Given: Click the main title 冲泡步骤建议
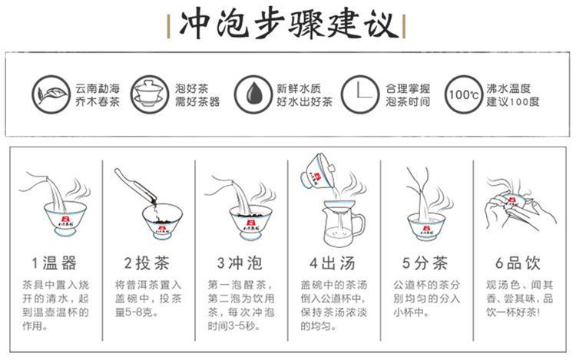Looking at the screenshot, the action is point(288,25).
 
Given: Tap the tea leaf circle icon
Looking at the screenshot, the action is point(51,94).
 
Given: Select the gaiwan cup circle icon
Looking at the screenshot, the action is point(150,94).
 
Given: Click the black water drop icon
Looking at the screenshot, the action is point(253,94).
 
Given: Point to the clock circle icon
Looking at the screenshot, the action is point(359,94).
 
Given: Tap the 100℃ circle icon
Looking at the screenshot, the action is point(464,94).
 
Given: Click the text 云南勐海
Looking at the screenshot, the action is point(98,88).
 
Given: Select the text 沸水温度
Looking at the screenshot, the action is point(508,88).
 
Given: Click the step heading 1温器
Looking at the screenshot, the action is point(54,263).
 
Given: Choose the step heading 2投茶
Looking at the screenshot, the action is point(147,263).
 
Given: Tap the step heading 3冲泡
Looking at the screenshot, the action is point(240,263).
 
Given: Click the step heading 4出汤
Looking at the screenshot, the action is point(333,263).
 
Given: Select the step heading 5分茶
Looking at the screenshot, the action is point(425,263).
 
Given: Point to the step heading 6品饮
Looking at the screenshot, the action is point(518,263).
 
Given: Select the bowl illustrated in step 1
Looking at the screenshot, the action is point(65,218).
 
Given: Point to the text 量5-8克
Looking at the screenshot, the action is point(137,312).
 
